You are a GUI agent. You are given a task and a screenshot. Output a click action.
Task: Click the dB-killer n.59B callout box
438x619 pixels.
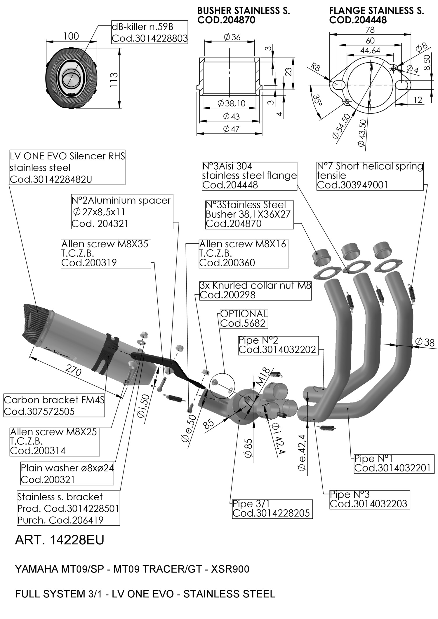149,32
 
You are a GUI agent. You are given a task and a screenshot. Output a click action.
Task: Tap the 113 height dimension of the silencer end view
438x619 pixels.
114,79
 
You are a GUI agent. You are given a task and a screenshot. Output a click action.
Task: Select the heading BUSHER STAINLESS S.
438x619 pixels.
244,11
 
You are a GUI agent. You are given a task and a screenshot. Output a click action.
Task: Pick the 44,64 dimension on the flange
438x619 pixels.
370,50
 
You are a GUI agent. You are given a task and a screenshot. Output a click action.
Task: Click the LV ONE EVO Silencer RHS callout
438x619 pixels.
67,168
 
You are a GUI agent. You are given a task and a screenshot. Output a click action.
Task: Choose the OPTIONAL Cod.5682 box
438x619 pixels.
244,319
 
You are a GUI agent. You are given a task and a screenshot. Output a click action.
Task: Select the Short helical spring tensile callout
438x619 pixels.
370,175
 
